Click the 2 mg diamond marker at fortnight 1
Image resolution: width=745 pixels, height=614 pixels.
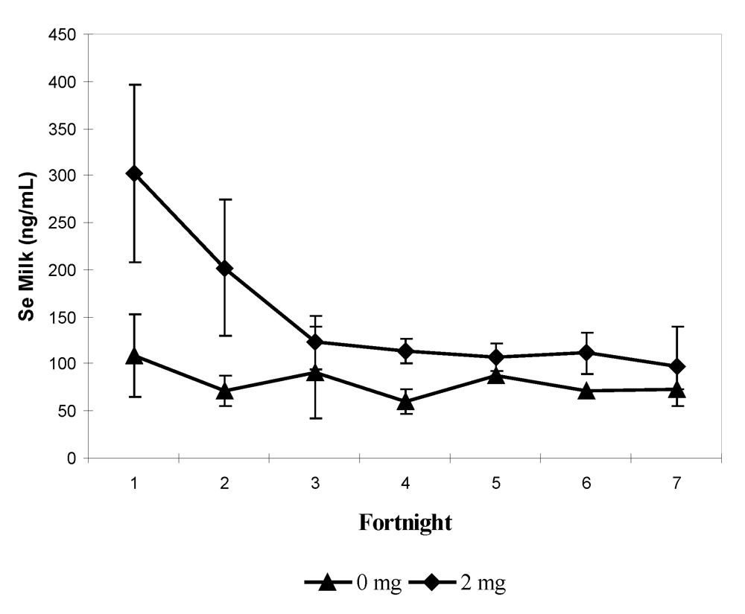(x=134, y=173)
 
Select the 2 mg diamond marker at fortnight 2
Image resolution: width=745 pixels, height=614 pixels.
(x=224, y=268)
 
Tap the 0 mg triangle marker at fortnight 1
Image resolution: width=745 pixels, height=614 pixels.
(x=134, y=356)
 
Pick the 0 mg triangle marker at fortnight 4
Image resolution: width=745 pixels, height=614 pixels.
(x=405, y=402)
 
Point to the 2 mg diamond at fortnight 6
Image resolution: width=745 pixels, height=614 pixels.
(x=586, y=352)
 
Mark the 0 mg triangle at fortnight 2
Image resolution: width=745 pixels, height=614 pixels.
(x=224, y=391)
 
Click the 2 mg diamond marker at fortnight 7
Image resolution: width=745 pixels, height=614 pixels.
(x=676, y=366)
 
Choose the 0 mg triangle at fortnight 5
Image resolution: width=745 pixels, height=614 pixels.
(x=495, y=374)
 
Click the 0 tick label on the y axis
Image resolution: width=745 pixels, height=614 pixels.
(x=72, y=458)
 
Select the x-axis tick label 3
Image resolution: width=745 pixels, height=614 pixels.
(x=315, y=483)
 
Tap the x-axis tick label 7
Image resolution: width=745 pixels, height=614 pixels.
(x=676, y=483)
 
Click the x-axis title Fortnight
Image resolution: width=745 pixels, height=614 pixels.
(x=405, y=522)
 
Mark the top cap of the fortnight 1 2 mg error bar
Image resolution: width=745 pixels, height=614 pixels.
(x=134, y=85)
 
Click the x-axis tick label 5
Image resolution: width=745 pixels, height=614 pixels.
(x=495, y=483)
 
